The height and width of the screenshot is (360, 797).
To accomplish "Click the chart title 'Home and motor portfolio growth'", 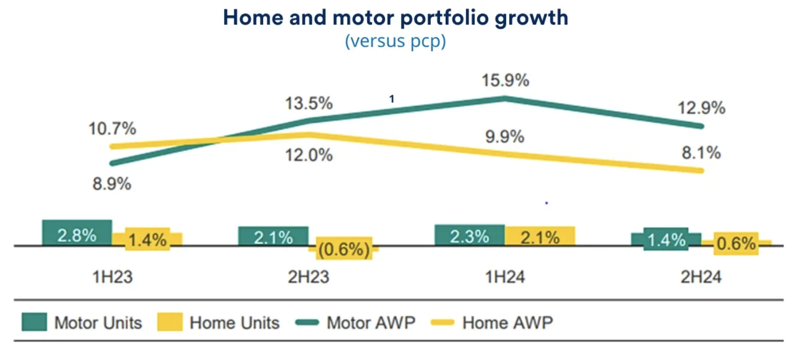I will pos(395,18).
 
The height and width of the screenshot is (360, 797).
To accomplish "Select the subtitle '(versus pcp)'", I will pos(395,41).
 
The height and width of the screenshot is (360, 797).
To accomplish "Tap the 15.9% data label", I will pos(505,80).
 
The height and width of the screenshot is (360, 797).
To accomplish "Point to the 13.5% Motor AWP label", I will pos(309,104).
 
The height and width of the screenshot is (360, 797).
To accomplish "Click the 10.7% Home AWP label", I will pos(112,129).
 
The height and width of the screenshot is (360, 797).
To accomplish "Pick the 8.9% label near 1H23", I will pos(112,184).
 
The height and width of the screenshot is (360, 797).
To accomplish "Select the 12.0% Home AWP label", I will pos(309,155).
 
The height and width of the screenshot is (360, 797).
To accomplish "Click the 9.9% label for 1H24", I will pos(505,137).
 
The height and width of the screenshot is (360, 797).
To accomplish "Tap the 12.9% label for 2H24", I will pos(701,108).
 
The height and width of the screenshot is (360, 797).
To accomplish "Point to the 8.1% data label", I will pos(701,153).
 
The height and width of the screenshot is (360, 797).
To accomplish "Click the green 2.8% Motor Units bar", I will pos(77,234).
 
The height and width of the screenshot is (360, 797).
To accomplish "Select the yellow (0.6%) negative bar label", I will pos(344,249).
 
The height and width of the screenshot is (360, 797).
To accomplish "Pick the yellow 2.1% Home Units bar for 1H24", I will pos(540,237).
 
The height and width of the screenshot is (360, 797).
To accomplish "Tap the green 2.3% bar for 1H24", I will pos(469,236).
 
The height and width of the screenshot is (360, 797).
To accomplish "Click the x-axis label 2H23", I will pos(309,277).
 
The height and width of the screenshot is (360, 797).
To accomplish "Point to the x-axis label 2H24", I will pos(701,277).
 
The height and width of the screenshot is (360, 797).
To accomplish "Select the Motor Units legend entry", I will pos(82,322).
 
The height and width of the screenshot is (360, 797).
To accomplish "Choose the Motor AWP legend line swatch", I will pos(307,322).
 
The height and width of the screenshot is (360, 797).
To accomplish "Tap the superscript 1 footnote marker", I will pos(392,99).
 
